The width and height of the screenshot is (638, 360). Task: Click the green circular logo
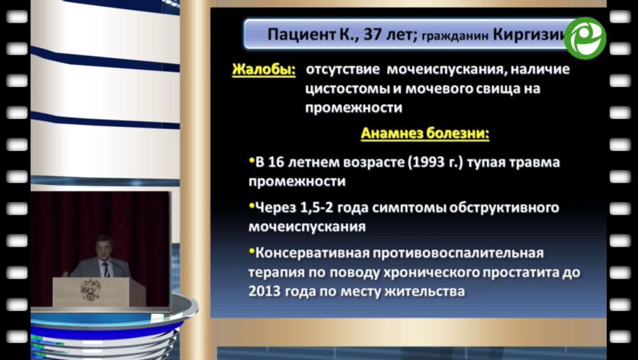tap(586, 38)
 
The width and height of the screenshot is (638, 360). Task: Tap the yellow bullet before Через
tap(252, 206)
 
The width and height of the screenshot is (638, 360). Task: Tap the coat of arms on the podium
tap(91, 289)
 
